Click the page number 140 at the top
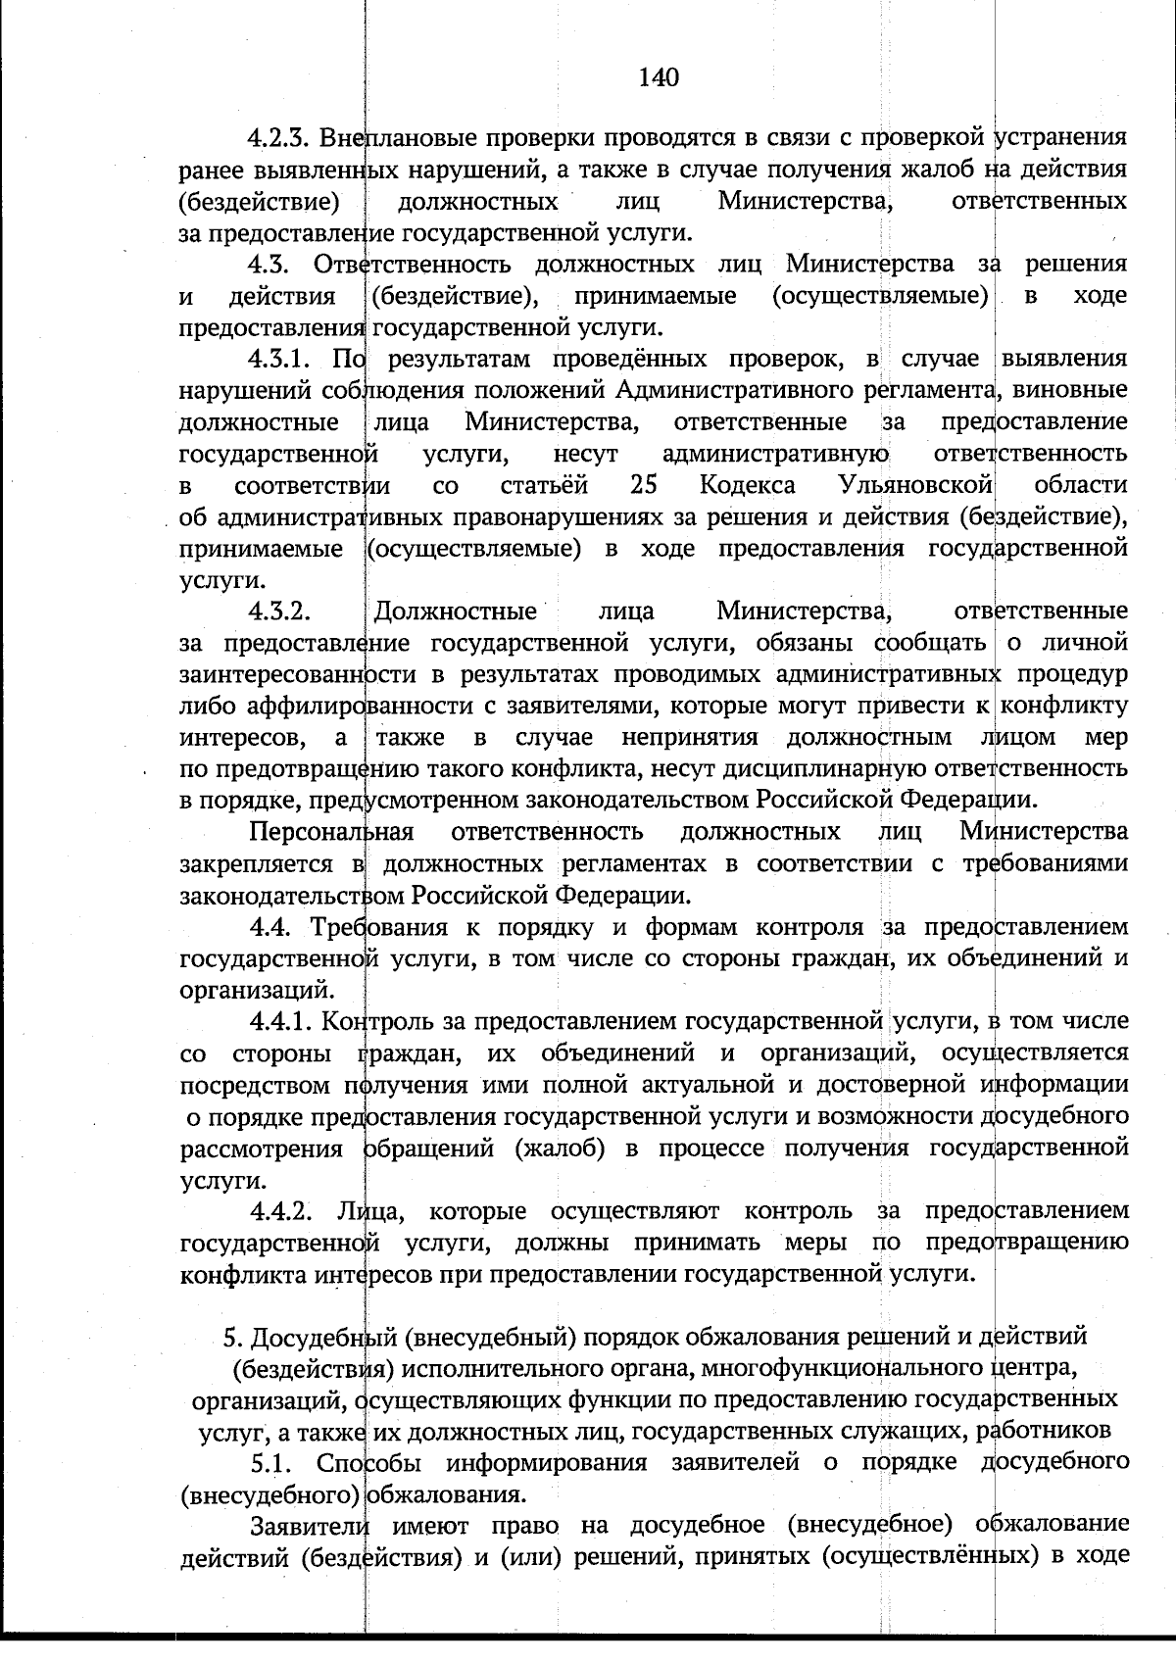(658, 77)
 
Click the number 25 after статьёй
(644, 485)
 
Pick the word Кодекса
(748, 485)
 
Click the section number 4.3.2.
(279, 611)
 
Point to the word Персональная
(331, 832)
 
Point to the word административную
(775, 454)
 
